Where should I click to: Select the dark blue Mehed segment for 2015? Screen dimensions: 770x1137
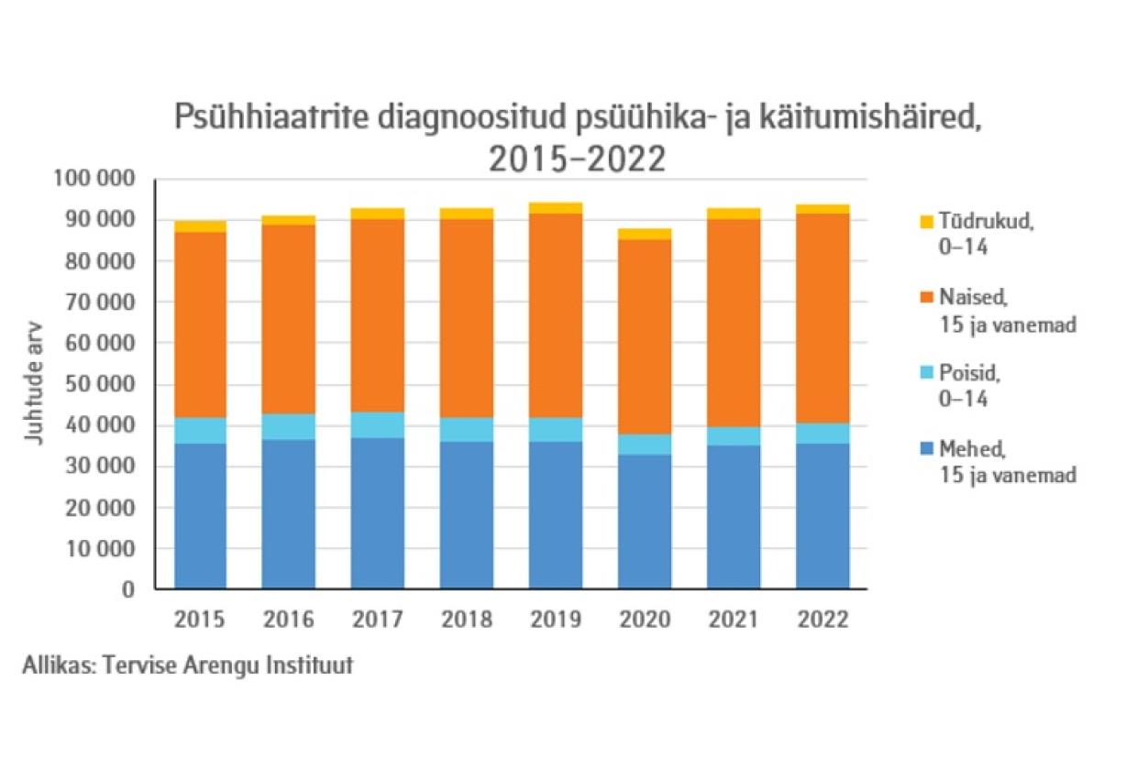click(201, 516)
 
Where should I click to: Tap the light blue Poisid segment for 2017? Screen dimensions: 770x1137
click(378, 424)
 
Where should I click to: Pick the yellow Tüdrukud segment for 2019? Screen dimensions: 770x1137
click(556, 208)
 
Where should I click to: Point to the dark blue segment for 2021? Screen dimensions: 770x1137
click(733, 517)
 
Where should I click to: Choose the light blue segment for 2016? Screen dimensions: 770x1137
click(289, 426)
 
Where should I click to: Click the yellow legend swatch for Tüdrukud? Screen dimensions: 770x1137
click(926, 221)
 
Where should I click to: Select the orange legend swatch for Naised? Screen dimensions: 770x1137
click(926, 296)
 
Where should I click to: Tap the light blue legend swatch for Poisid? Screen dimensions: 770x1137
click(926, 373)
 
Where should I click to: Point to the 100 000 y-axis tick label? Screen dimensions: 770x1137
click(94, 179)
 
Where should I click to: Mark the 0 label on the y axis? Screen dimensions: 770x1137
click(129, 589)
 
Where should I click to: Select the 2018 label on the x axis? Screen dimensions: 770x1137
click(467, 621)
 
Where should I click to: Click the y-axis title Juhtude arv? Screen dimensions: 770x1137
click(34, 384)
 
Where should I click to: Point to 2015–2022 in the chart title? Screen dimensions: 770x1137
click(576, 159)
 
